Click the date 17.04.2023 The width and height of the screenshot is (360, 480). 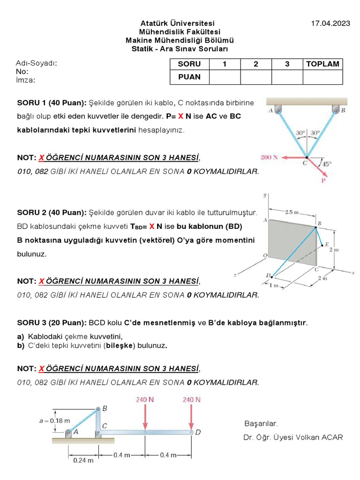(x=331, y=23)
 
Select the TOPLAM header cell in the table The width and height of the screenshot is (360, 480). (x=322, y=64)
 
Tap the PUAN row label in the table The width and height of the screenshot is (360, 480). (x=189, y=77)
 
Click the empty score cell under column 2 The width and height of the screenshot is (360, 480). (x=256, y=77)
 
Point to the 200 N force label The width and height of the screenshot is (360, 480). (x=270, y=157)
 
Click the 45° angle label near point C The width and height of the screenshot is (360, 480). (x=326, y=164)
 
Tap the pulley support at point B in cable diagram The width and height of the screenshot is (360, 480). (x=336, y=110)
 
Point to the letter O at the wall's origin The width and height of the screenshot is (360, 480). (x=265, y=255)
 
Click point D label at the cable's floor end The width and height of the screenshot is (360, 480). (x=268, y=275)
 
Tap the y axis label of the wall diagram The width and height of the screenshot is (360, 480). (x=265, y=195)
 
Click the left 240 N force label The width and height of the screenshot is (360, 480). (x=145, y=400)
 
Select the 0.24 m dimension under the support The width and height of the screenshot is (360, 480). (x=84, y=460)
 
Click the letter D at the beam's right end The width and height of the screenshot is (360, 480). (x=198, y=432)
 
